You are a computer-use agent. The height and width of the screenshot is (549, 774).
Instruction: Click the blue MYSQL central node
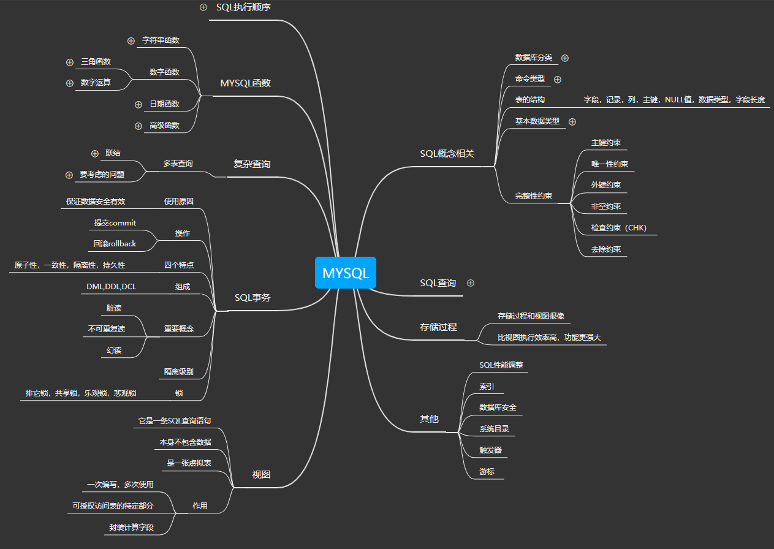(x=345, y=273)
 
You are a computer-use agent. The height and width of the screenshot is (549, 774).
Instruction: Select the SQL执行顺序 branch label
(x=243, y=8)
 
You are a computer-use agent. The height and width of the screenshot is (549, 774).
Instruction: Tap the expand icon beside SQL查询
(x=471, y=283)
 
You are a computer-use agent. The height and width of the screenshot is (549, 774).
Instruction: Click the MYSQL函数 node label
(x=245, y=83)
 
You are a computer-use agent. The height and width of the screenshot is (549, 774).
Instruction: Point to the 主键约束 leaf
(x=605, y=143)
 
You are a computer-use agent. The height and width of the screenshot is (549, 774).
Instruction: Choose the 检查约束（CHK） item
(x=618, y=228)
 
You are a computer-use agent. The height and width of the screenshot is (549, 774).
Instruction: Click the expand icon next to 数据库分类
(x=565, y=58)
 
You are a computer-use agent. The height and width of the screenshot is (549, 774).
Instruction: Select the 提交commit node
(x=115, y=222)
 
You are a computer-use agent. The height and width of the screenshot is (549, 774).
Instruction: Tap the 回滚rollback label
(x=115, y=243)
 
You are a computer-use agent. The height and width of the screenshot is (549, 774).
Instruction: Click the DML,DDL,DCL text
(x=112, y=286)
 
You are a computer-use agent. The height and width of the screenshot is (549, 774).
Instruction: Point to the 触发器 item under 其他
(x=490, y=450)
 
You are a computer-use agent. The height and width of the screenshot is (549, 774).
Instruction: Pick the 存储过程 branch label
(x=438, y=327)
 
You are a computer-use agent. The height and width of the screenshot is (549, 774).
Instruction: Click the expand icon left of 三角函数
(x=69, y=62)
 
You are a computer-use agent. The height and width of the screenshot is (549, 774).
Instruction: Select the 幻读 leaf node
(x=114, y=350)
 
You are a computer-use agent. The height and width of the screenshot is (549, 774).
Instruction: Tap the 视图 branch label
(x=262, y=474)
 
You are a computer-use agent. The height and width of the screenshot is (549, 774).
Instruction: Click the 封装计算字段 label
(x=131, y=527)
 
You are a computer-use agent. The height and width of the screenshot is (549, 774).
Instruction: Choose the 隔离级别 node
(x=178, y=371)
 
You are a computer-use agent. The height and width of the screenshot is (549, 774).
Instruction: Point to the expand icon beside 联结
(x=94, y=153)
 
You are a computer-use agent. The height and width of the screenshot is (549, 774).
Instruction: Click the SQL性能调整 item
(x=501, y=365)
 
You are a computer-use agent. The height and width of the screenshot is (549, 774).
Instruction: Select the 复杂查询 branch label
(x=252, y=164)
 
